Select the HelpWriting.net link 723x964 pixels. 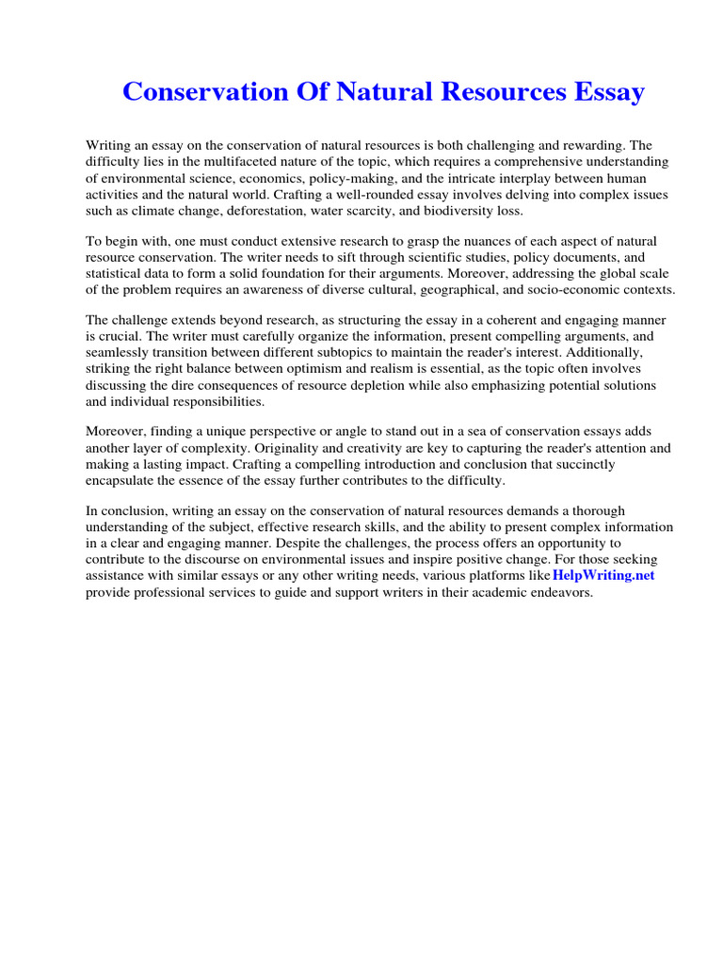click(x=602, y=575)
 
